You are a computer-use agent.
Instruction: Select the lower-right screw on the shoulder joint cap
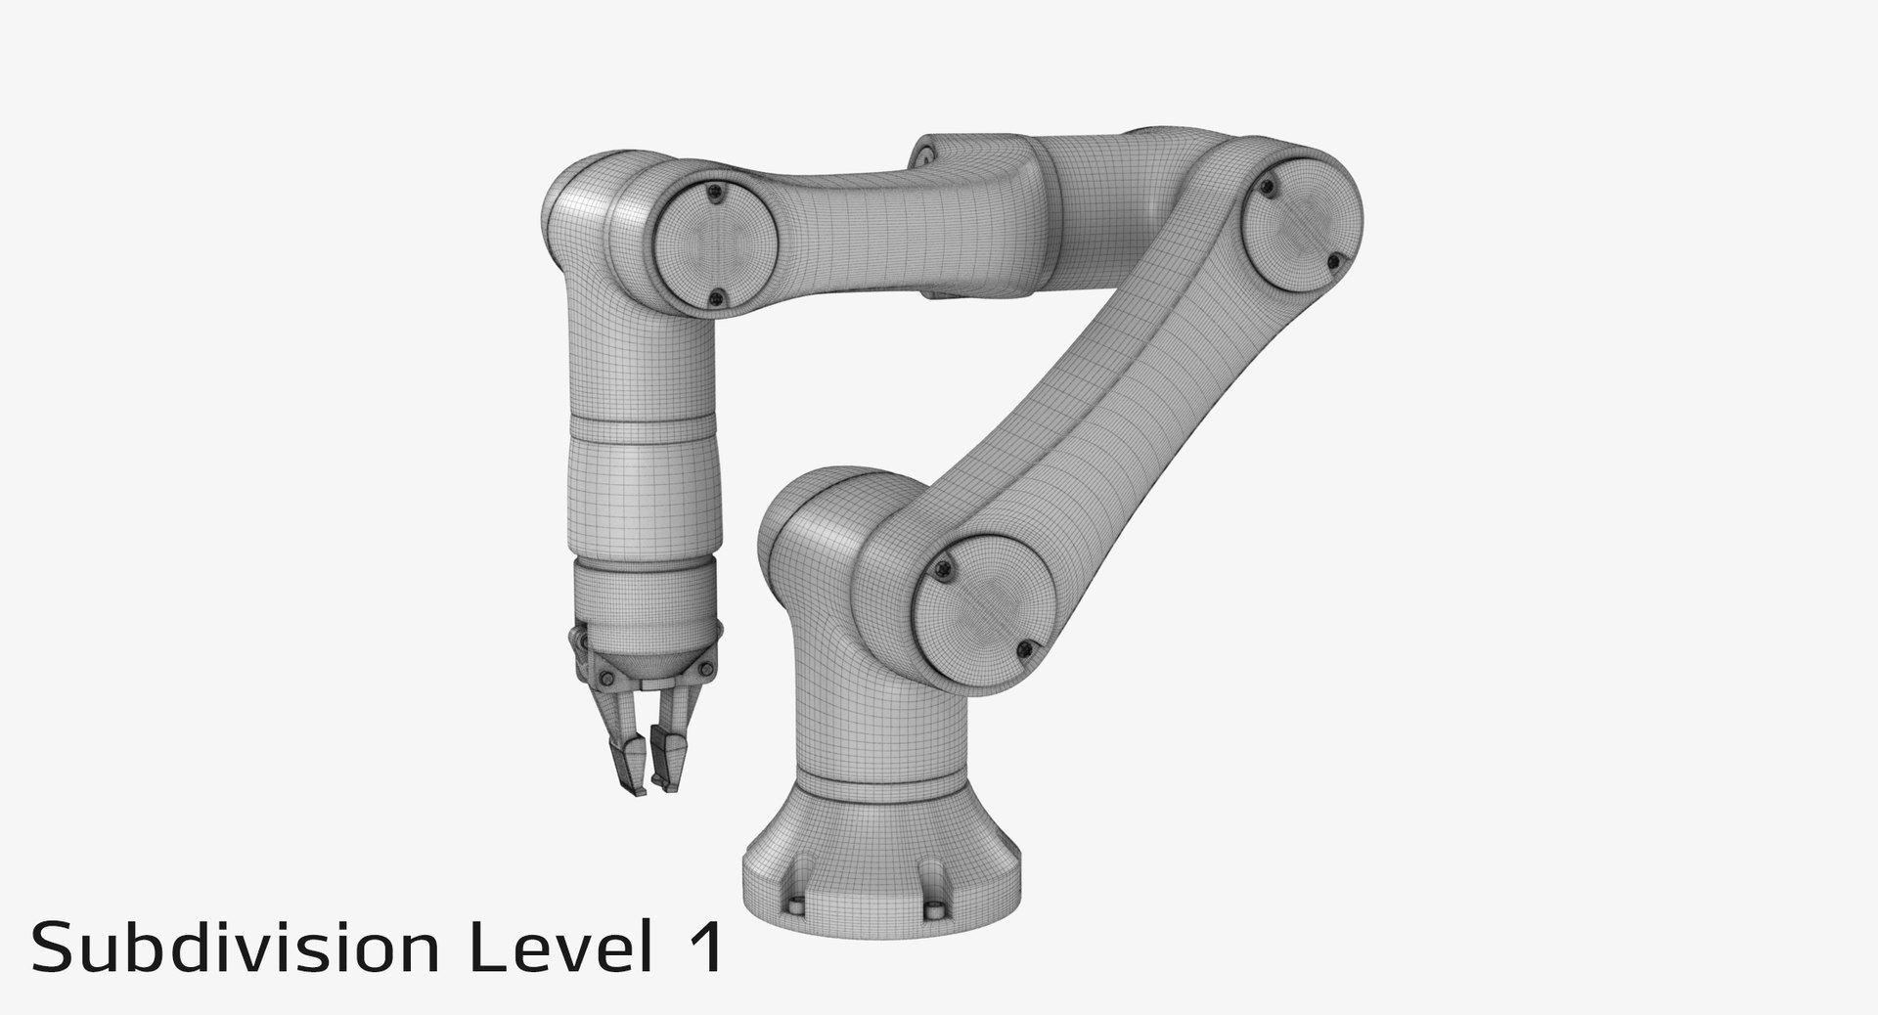(x=1023, y=647)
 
